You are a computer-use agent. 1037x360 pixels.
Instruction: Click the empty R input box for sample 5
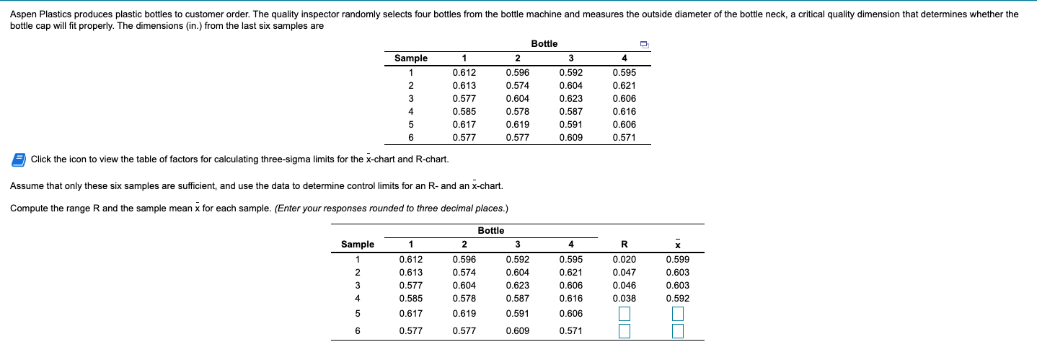[x=625, y=314]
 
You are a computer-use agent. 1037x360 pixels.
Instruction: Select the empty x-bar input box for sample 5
[x=677, y=314]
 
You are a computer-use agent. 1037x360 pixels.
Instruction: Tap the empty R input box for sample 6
[x=625, y=331]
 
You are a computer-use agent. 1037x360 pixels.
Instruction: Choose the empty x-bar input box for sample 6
[x=677, y=331]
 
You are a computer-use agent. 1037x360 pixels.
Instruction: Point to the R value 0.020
[x=624, y=260]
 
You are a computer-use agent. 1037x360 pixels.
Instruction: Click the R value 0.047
[x=624, y=273]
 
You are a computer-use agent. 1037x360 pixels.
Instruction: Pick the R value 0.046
[x=624, y=286]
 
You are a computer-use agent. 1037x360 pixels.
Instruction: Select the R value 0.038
[x=624, y=298]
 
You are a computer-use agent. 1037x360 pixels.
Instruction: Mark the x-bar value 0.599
[x=677, y=260]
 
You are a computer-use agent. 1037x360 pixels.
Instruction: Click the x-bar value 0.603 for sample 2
[x=677, y=273]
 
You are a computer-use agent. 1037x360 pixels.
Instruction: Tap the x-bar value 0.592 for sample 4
[x=677, y=298]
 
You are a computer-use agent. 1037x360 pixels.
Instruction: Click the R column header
[x=625, y=245]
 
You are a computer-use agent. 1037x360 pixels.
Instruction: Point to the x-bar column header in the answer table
[x=677, y=245]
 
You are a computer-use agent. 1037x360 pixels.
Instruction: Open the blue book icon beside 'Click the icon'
[x=19, y=159]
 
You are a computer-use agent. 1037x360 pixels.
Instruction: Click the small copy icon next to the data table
[x=645, y=45]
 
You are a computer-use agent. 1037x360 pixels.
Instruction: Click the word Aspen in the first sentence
[x=22, y=14]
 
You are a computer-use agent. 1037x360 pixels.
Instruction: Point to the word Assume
[x=26, y=186]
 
